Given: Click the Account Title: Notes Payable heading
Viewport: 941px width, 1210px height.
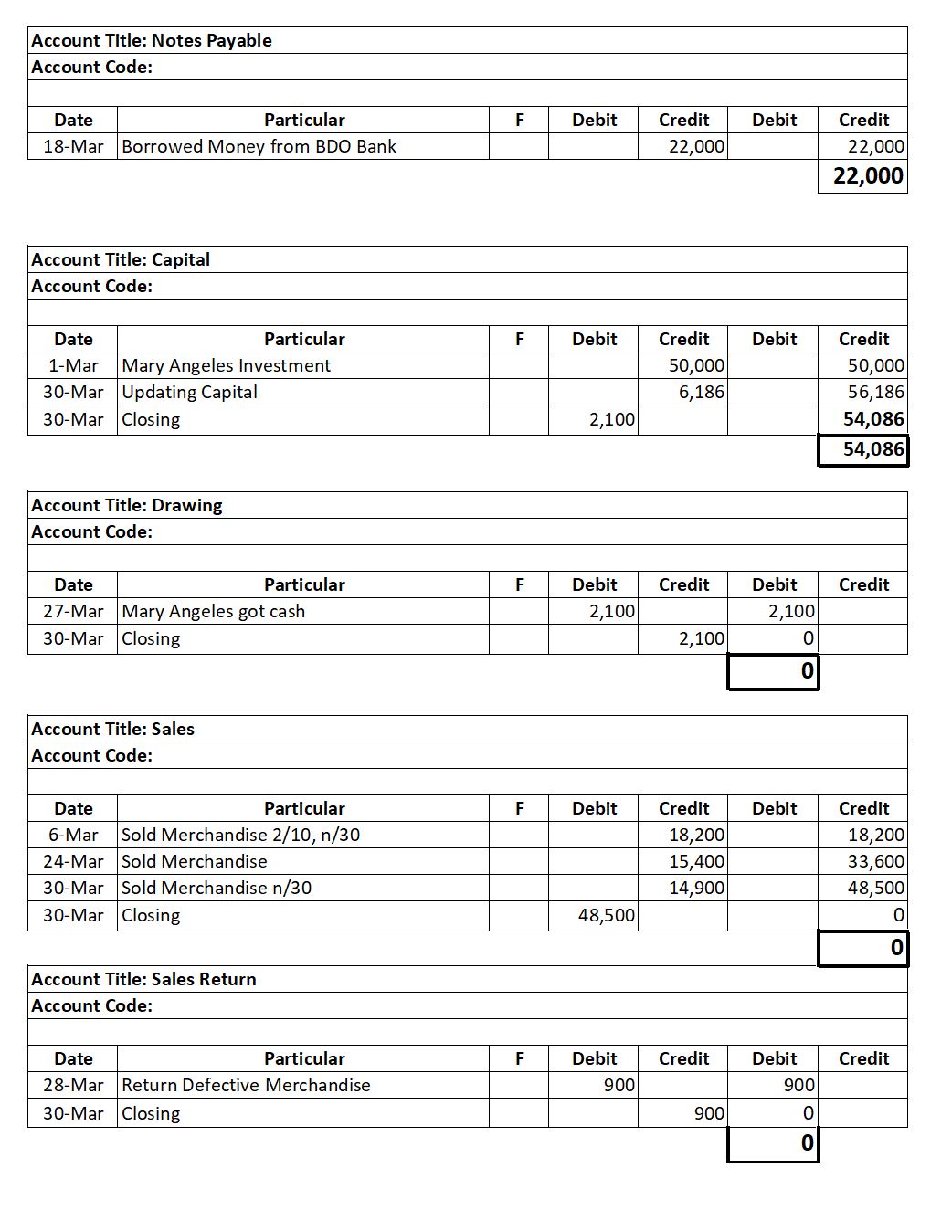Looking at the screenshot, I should pyautogui.click(x=152, y=40).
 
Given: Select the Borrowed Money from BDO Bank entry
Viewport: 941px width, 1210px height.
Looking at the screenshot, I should pyautogui.click(x=259, y=146).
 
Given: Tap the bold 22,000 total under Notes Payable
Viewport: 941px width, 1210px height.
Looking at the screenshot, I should pyautogui.click(x=867, y=175).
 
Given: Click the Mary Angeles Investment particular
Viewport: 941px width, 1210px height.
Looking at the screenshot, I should pyautogui.click(x=226, y=365).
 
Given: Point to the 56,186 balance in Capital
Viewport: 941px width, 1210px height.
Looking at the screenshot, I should pyautogui.click(x=874, y=392).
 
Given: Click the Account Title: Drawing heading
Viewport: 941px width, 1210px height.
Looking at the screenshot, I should pyautogui.click(x=127, y=505).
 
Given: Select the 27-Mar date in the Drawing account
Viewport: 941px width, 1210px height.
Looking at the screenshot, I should pyautogui.click(x=73, y=611).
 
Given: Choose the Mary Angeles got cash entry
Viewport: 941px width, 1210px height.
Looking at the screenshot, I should pyautogui.click(x=213, y=611).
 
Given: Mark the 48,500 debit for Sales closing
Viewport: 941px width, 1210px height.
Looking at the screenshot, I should pyautogui.click(x=607, y=915).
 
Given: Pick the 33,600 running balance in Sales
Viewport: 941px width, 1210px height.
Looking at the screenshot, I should pyautogui.click(x=875, y=861).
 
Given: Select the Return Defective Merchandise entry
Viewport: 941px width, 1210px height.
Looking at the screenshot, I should pyautogui.click(x=246, y=1085).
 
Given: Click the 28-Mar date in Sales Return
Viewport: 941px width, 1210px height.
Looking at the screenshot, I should pyautogui.click(x=73, y=1085).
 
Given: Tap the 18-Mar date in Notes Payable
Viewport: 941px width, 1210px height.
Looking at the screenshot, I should pyautogui.click(x=73, y=146).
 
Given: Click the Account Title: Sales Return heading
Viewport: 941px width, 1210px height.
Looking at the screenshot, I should pyautogui.click(x=143, y=979).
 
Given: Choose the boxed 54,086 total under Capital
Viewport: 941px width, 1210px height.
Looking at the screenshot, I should pyautogui.click(x=872, y=449).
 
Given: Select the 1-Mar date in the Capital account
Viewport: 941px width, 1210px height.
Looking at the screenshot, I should pyautogui.click(x=73, y=365).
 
